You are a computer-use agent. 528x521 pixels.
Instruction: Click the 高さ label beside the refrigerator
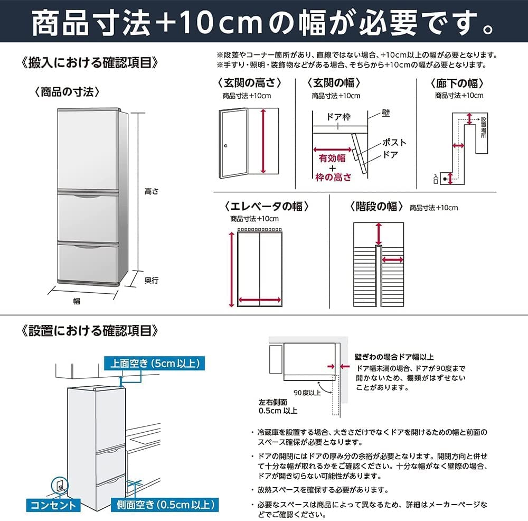[x=152, y=192]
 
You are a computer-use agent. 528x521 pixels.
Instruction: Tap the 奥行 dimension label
[x=152, y=281]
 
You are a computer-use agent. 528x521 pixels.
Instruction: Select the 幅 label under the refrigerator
[x=77, y=301]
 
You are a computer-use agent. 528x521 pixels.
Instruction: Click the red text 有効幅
[x=332, y=158]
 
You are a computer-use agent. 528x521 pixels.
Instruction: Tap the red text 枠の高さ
[x=333, y=178]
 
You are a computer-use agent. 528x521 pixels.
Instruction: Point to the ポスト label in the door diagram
[x=394, y=143]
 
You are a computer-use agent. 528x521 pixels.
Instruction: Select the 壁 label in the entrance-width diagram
[x=386, y=114]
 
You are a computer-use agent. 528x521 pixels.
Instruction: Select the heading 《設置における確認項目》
[x=90, y=331]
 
